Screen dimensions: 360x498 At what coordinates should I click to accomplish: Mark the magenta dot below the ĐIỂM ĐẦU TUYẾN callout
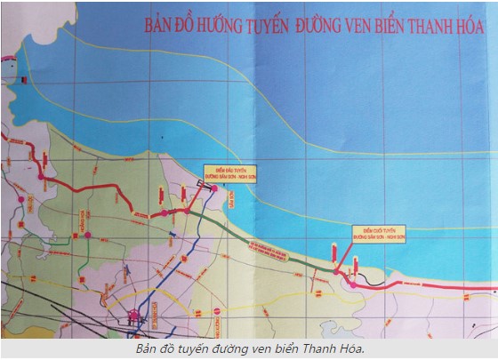coord(213,188)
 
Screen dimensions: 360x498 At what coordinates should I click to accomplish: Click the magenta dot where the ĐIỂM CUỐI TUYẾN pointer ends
coord(335,272)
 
